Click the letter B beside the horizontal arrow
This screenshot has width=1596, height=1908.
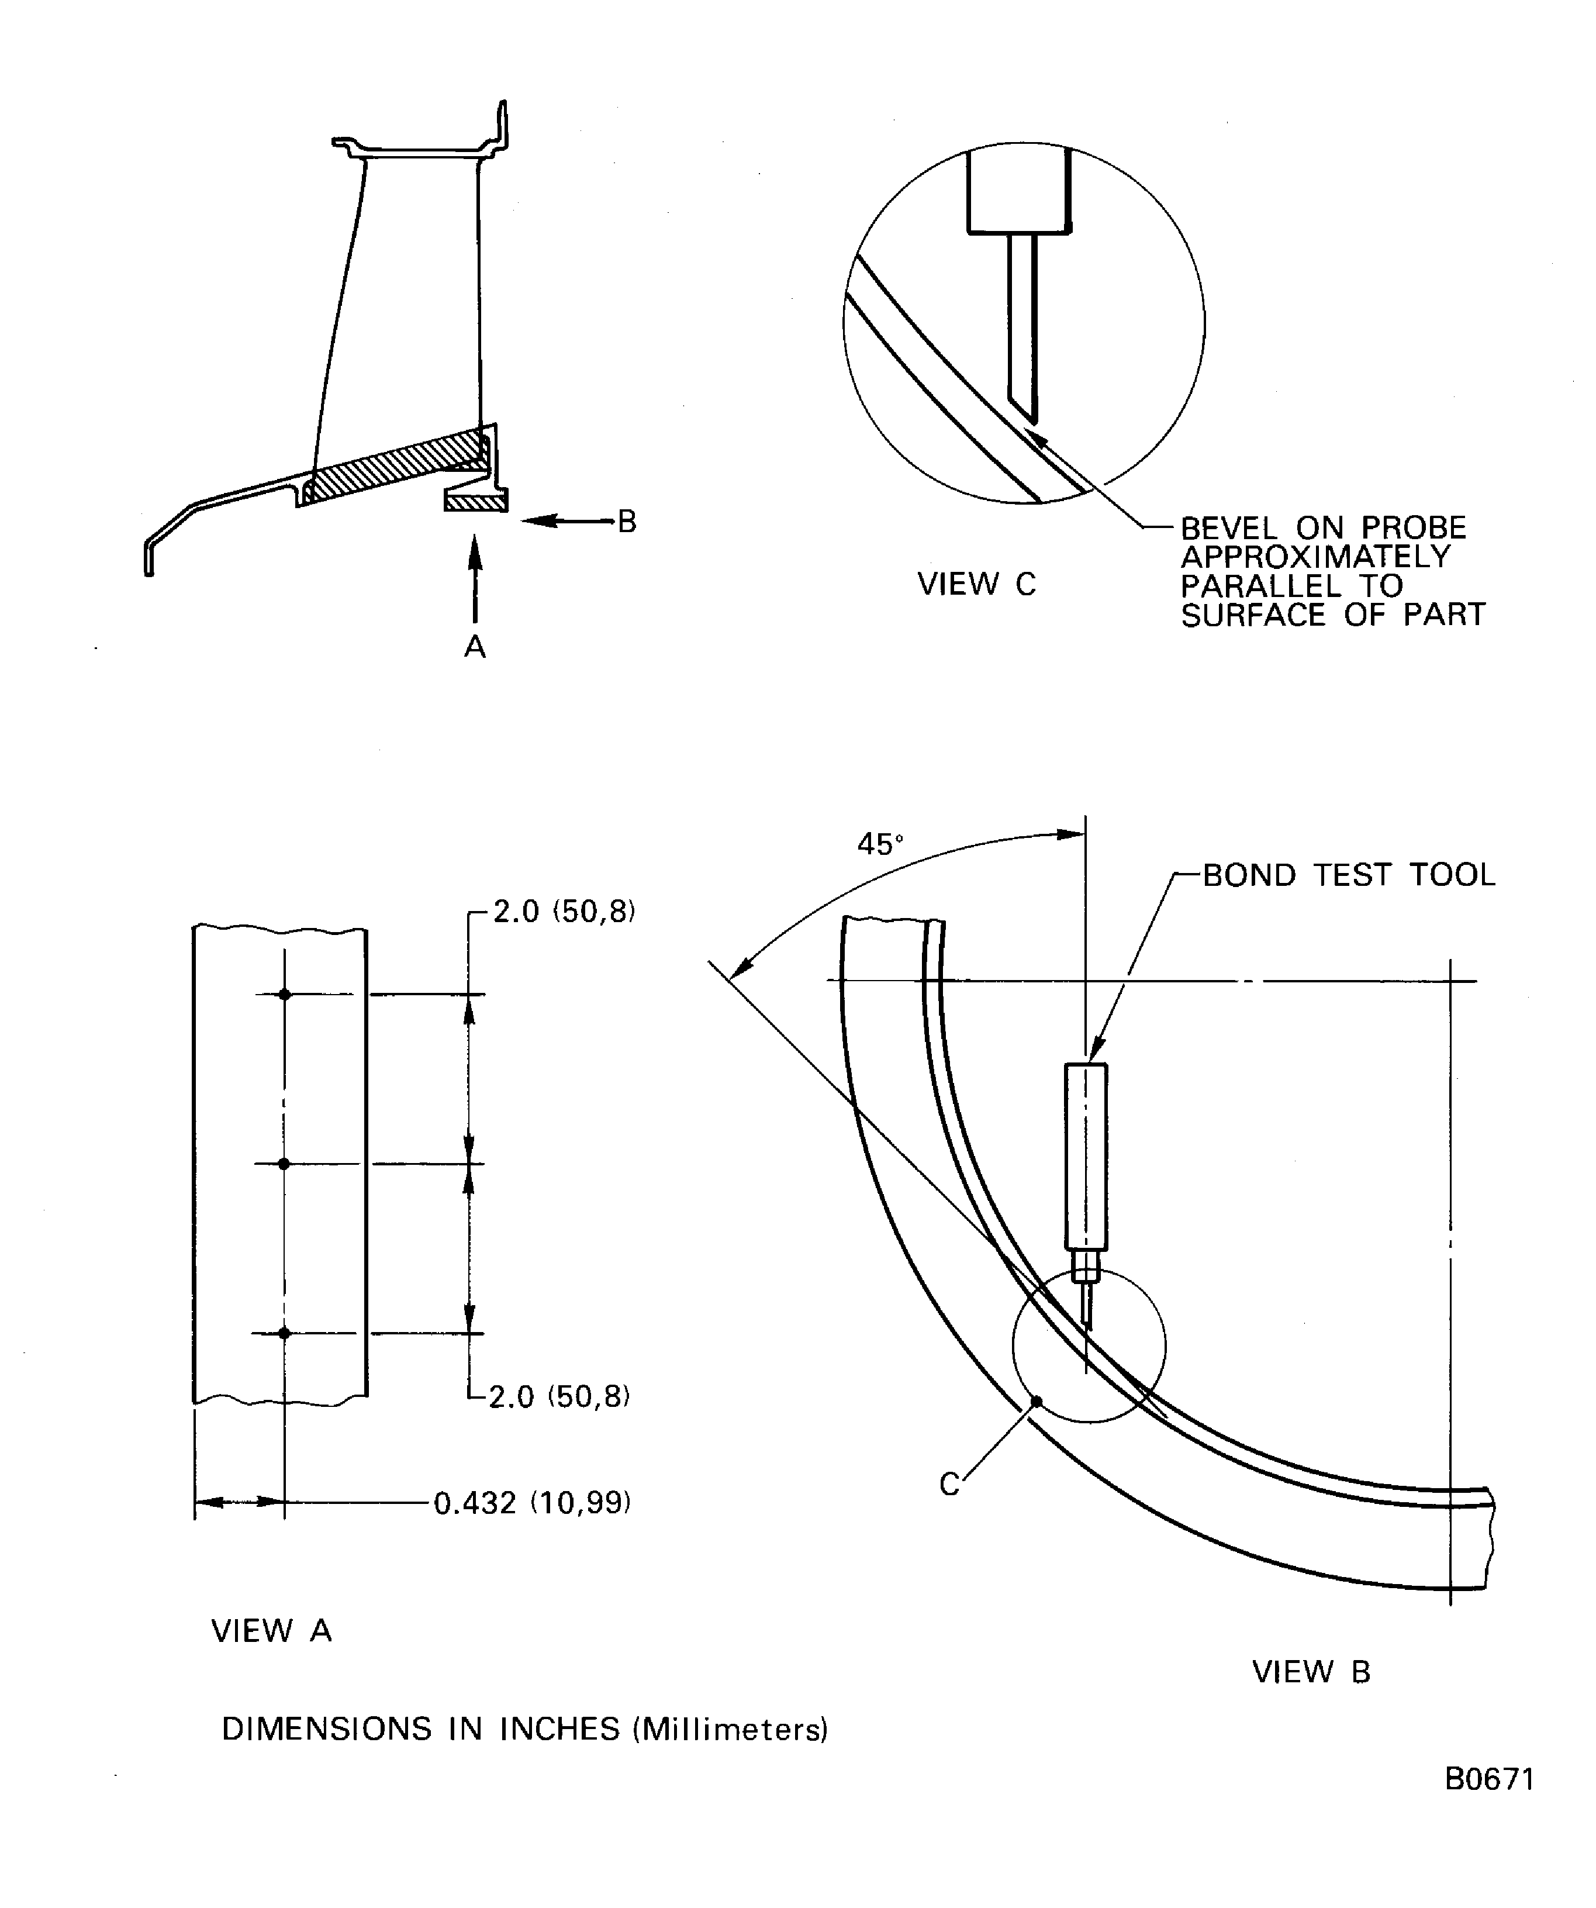pyautogui.click(x=627, y=522)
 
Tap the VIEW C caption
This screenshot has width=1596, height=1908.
pyautogui.click(x=976, y=584)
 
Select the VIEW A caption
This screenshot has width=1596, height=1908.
pyautogui.click(x=272, y=1631)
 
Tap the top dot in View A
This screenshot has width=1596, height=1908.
pyautogui.click(x=284, y=995)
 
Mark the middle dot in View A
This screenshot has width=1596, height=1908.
pyautogui.click(x=284, y=1164)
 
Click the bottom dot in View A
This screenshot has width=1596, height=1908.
pyautogui.click(x=284, y=1333)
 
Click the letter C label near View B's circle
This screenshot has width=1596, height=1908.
pyautogui.click(x=949, y=1485)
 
